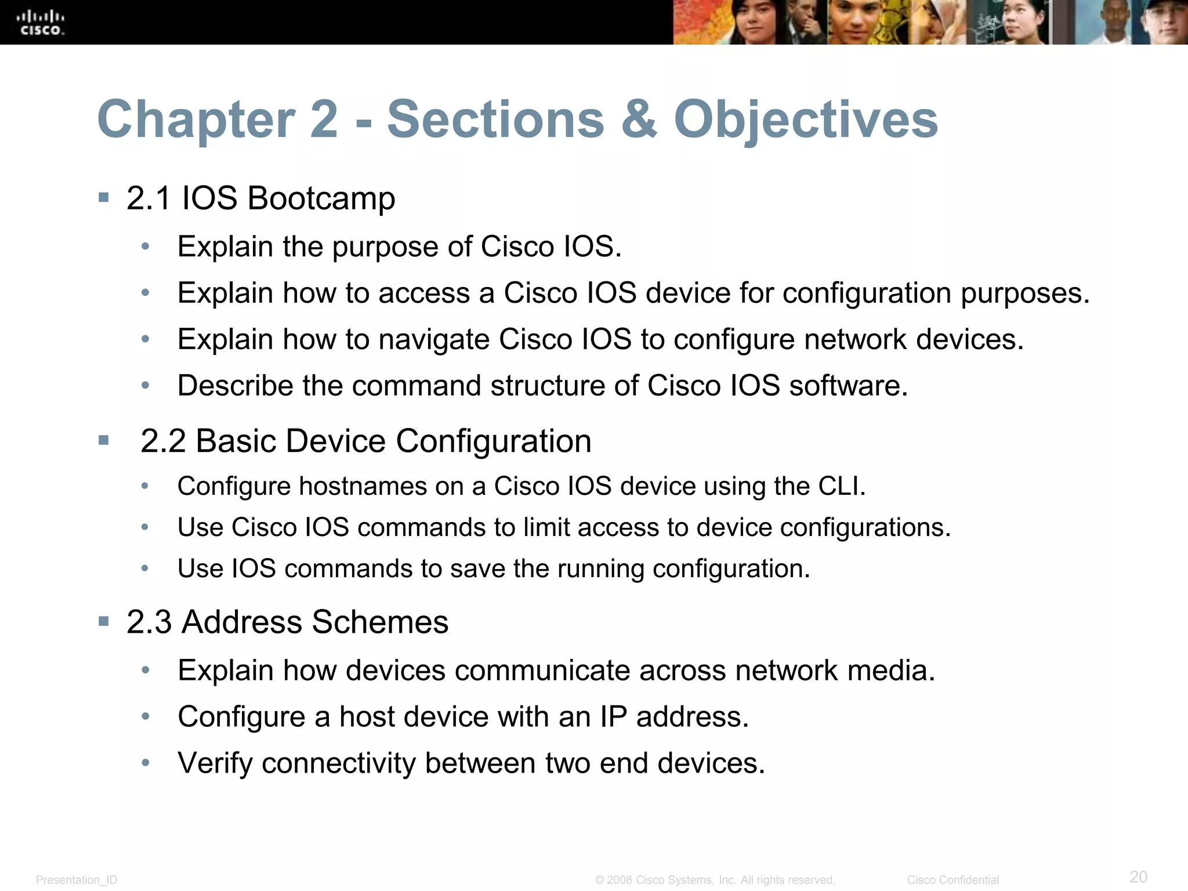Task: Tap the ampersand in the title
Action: click(639, 119)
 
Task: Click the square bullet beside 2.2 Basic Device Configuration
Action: click(104, 440)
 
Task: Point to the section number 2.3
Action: click(149, 622)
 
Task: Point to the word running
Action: click(600, 569)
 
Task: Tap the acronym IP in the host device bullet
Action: click(613, 717)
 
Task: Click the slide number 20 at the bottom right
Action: click(1138, 876)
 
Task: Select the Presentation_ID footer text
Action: click(77, 880)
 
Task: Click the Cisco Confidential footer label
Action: click(952, 880)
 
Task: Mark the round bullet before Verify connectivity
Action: click(146, 763)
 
